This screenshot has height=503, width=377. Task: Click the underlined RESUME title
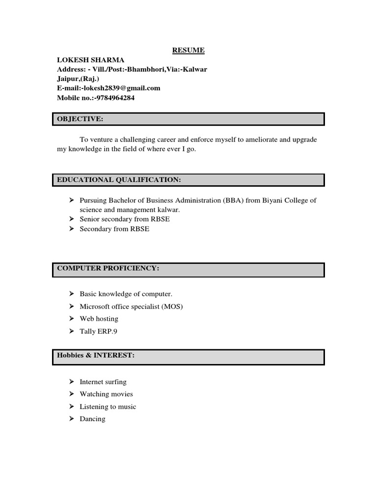[188, 50]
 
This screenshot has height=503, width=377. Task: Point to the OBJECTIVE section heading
[80, 119]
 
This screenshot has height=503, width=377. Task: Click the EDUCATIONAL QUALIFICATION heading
[119, 180]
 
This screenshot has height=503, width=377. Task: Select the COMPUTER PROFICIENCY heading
[108, 268]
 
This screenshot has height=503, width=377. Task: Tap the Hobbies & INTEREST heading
[95, 355]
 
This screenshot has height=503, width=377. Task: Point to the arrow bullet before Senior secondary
[71, 219]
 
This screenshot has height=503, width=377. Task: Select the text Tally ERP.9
[99, 332]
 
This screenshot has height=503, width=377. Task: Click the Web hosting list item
[99, 319]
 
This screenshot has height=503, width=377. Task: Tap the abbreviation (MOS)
[173, 307]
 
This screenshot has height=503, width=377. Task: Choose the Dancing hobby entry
[93, 419]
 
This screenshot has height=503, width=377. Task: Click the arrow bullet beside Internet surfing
[71, 382]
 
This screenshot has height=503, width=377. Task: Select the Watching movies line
[107, 394]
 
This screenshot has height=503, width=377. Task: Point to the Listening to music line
[108, 407]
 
